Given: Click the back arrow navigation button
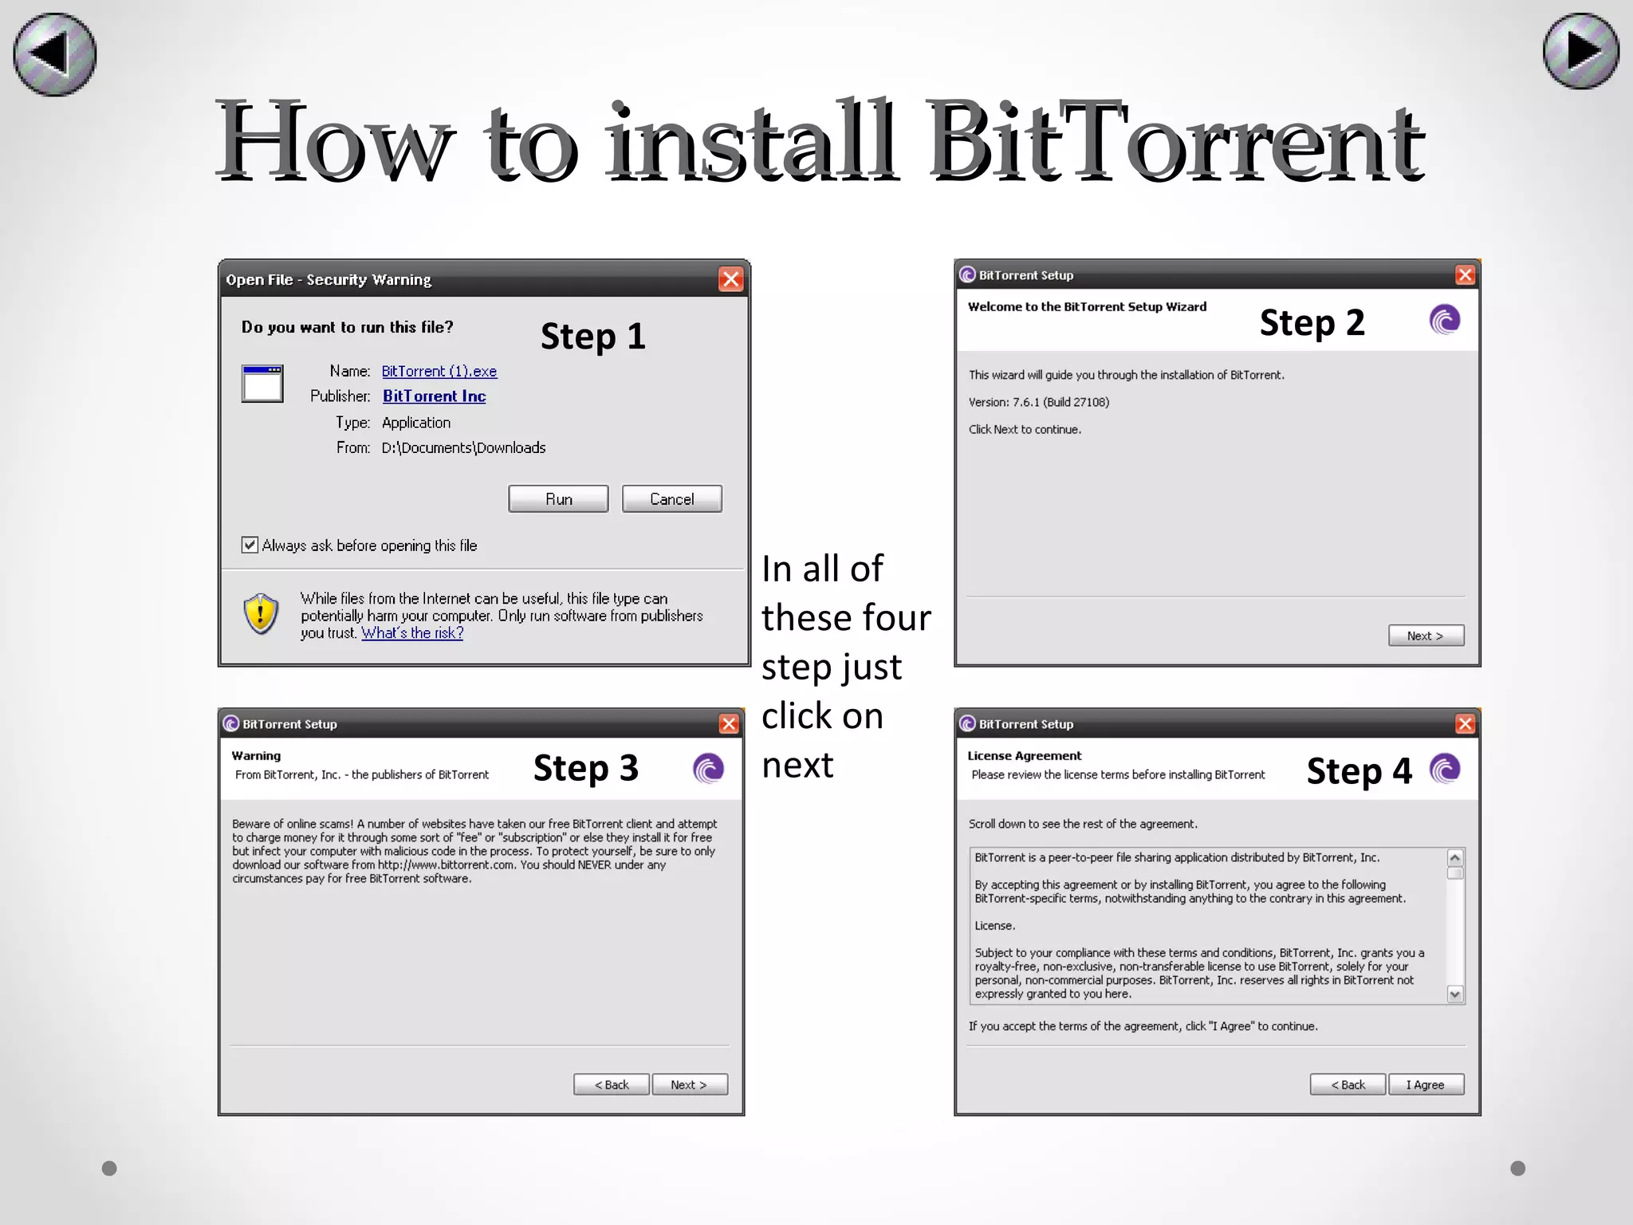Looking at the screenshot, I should [54, 54].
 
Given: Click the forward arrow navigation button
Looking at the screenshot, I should [1580, 51].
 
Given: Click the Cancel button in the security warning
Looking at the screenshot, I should [671, 499].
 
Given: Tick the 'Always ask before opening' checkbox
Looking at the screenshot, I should [250, 545].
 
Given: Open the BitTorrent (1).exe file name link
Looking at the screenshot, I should [439, 371].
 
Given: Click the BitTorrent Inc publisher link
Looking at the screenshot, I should [434, 396].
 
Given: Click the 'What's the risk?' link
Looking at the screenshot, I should [411, 632].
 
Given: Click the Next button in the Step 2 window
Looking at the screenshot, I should [1426, 636].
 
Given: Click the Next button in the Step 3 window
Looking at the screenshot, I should [689, 1085].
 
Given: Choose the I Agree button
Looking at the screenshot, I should [1426, 1085].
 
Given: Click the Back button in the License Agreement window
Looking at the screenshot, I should [1348, 1085].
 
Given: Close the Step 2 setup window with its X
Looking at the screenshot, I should [1465, 275].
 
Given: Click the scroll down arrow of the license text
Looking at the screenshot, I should [1455, 994].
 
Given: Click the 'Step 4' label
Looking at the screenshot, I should [1359, 771].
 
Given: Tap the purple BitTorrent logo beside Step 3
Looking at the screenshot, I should [708, 769].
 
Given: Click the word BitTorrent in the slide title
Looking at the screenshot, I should [1175, 142].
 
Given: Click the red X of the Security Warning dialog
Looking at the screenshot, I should [730, 279].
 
